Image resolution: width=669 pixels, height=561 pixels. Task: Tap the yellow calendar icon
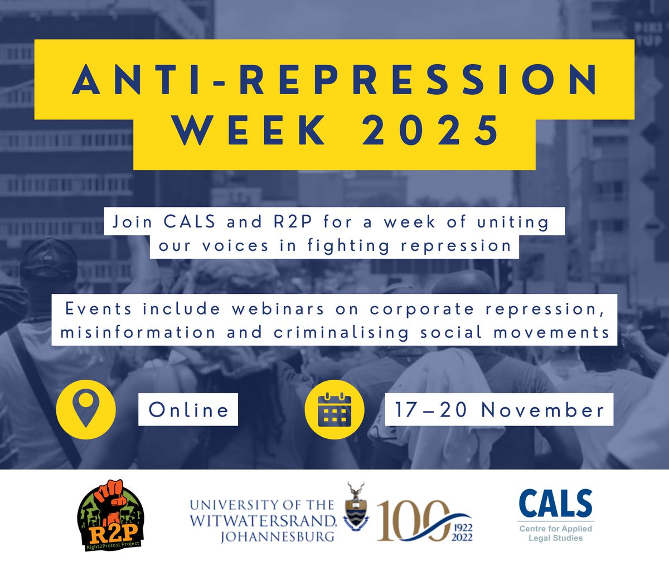(334, 410)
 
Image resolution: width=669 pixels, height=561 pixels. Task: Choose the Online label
(188, 410)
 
